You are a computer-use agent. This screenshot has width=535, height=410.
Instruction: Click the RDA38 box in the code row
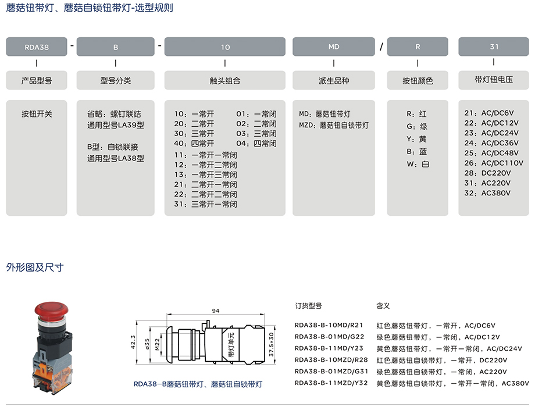click(37, 47)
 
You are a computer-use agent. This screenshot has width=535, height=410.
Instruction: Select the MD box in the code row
click(334, 47)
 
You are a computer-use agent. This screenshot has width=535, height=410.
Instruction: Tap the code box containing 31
click(494, 47)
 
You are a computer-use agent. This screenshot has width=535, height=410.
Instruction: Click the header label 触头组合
click(225, 81)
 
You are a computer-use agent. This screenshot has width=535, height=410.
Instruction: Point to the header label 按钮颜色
click(418, 81)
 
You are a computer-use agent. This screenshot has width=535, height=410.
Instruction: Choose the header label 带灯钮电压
click(494, 80)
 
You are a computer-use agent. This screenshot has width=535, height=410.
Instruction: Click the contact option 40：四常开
click(194, 144)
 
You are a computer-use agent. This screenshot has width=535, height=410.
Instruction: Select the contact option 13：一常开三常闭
click(206, 174)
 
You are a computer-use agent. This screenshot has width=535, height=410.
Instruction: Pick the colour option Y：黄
click(417, 140)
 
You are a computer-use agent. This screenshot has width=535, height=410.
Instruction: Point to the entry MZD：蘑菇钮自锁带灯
click(334, 124)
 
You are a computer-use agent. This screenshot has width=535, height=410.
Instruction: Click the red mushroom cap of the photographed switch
click(52, 308)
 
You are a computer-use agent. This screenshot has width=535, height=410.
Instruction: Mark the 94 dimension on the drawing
click(216, 311)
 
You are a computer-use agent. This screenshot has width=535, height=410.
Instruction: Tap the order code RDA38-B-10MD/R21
click(329, 326)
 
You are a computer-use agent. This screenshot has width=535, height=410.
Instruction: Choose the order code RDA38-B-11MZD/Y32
click(331, 383)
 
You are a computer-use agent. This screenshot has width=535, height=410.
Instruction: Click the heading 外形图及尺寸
click(35, 268)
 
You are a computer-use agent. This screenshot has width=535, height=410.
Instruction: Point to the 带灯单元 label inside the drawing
click(231, 345)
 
